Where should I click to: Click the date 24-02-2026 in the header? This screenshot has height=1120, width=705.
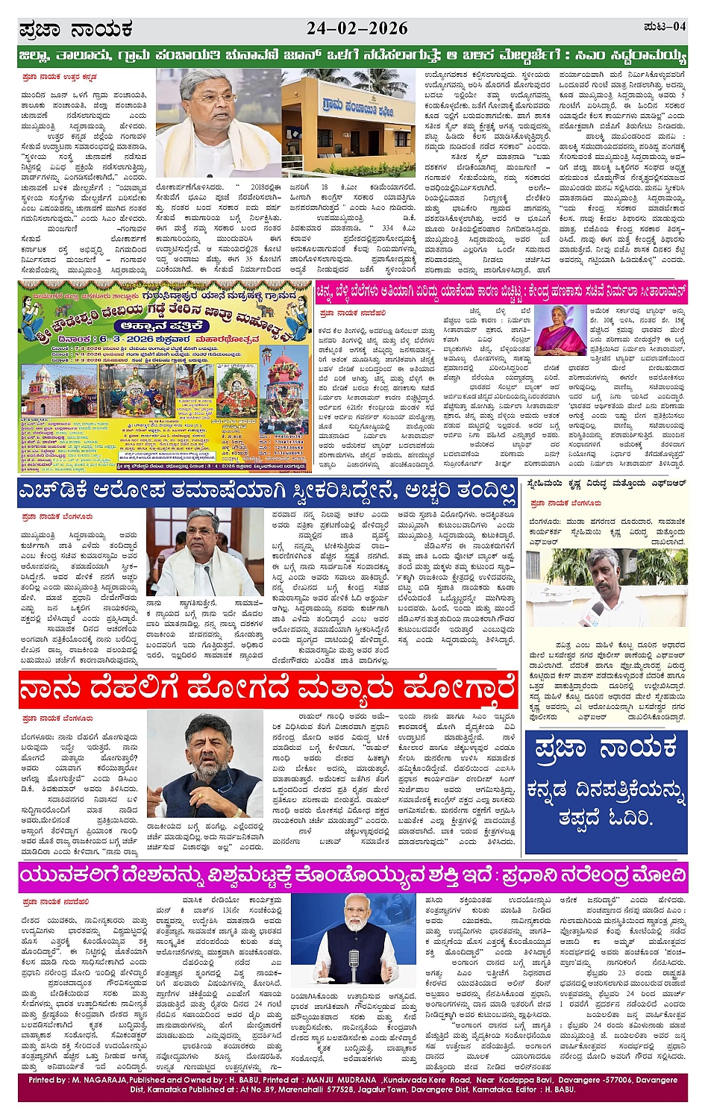[357, 29]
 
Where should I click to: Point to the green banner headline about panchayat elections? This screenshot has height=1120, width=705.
[352, 56]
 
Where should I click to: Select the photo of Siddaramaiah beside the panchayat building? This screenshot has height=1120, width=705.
[218, 122]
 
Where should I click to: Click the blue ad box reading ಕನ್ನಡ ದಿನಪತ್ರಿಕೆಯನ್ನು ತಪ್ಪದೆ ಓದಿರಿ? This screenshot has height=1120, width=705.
[605, 792]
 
